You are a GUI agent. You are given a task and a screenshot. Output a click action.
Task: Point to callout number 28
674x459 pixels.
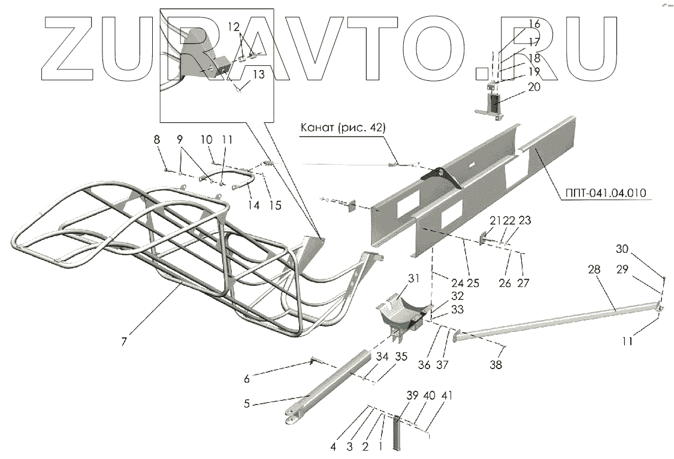click(593, 270)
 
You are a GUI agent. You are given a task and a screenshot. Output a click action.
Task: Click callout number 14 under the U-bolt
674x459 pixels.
click(254, 205)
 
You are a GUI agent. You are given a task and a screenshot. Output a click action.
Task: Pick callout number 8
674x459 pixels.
click(157, 140)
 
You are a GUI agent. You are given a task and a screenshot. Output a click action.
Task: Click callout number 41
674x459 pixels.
click(448, 396)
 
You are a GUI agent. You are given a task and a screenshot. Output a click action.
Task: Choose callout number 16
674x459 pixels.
click(534, 25)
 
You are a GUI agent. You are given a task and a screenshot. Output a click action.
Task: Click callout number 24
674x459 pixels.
click(458, 283)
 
